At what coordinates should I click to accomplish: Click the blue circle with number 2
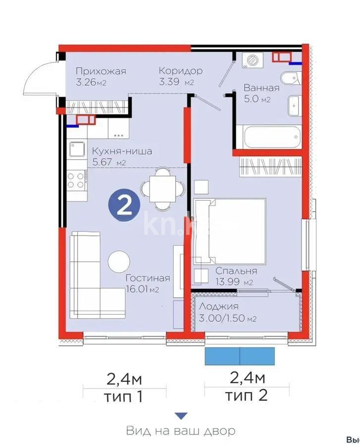pos(124,205)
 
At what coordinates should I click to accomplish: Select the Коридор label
pos(180,71)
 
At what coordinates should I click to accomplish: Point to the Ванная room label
pos(261,88)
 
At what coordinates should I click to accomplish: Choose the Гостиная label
pos(147,278)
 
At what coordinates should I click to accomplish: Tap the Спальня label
pos(236,271)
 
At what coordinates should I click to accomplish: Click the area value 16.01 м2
pos(143,290)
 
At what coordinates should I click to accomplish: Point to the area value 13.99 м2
pos(234,282)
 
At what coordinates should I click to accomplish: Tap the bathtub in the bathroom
pos(268,136)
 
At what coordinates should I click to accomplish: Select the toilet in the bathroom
pos(289,78)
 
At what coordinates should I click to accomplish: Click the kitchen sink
pos(78,149)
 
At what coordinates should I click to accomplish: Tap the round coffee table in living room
pos(119,261)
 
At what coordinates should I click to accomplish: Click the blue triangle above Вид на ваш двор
pos(182,416)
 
